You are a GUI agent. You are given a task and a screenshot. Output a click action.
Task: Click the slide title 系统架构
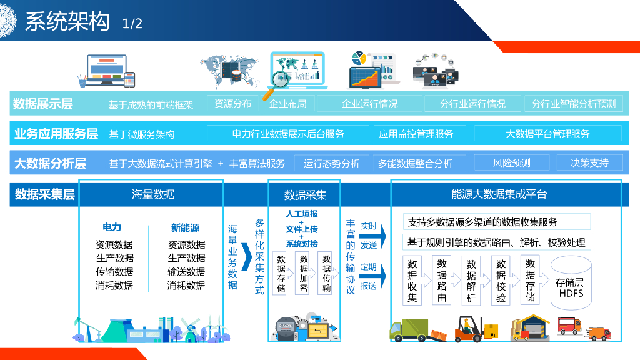[67, 22]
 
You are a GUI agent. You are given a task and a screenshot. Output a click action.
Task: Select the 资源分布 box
[232, 104]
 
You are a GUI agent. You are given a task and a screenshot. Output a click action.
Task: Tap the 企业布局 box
[287, 104]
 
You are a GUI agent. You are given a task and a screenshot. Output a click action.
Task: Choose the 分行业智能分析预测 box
[573, 104]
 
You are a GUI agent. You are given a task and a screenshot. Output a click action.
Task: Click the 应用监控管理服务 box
[416, 134]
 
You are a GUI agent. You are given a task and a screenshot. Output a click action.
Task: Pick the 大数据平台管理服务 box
[547, 134]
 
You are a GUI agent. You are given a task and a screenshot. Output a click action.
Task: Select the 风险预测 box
[511, 163]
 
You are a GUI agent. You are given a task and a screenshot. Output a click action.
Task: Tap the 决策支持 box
[589, 163]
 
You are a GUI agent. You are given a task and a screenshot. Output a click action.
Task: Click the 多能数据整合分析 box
[415, 164]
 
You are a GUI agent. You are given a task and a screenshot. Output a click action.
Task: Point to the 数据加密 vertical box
[304, 273]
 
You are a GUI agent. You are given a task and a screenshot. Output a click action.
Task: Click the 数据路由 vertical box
[442, 281]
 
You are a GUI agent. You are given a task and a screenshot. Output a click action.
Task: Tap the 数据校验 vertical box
[501, 281]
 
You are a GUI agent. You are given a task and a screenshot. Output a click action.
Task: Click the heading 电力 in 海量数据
[112, 228]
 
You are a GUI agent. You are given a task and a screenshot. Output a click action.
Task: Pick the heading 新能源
[185, 228]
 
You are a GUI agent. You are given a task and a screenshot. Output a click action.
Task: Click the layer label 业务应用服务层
[56, 134]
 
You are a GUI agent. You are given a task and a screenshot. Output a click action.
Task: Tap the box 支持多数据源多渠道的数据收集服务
[497, 222]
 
